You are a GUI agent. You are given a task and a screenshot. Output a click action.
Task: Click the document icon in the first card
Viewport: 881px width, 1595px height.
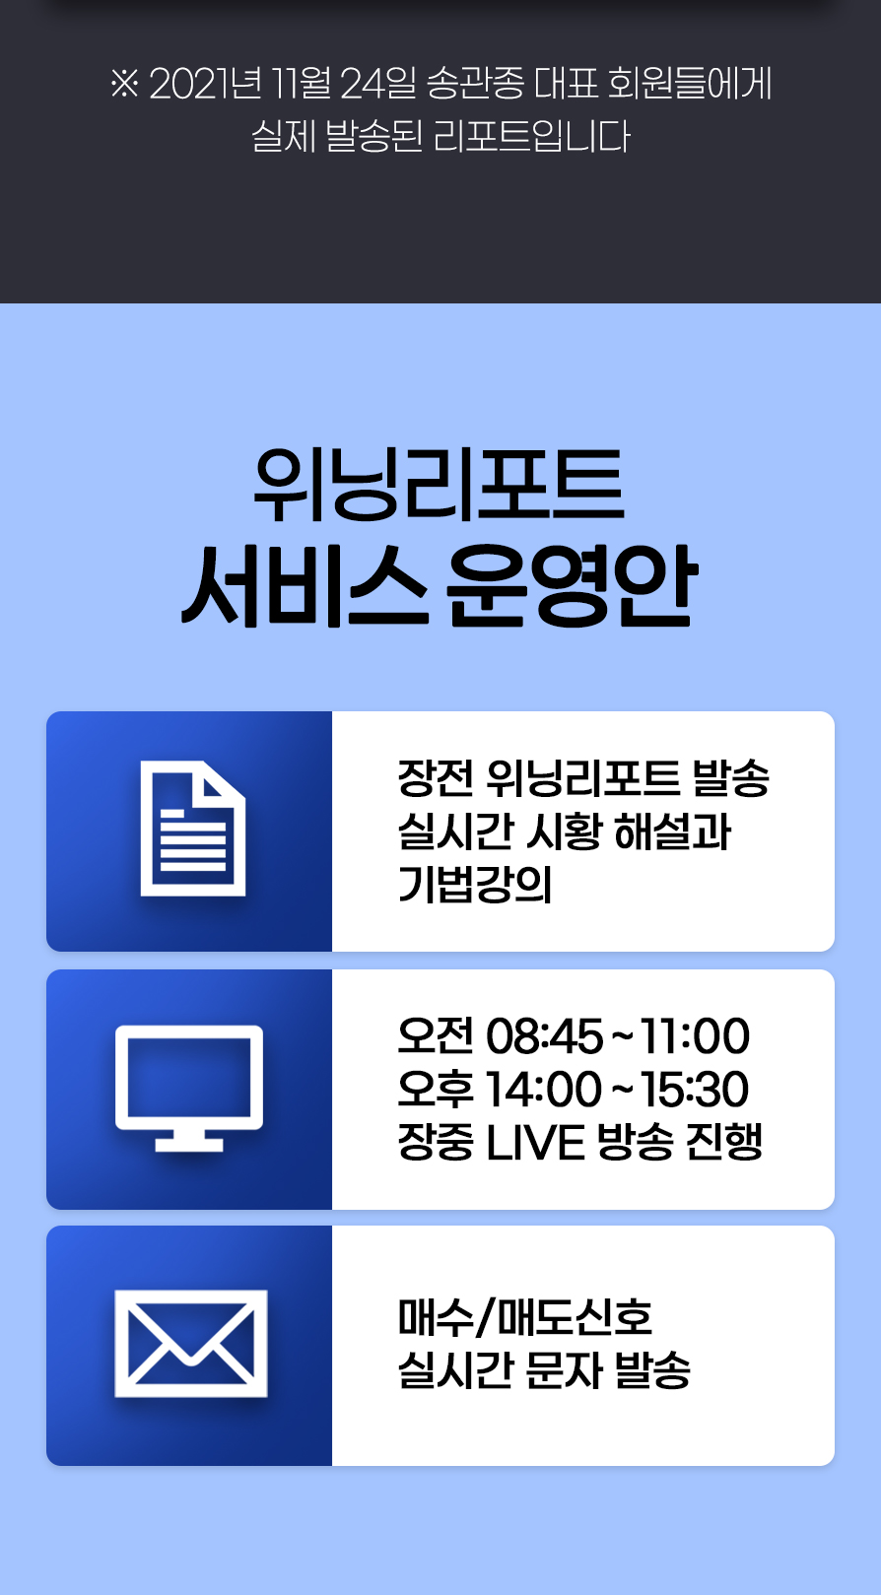click(x=193, y=829)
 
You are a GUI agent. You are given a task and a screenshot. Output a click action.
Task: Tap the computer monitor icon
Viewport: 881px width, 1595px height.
click(x=189, y=1088)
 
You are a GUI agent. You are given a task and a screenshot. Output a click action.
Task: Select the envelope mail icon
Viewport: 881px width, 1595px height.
click(x=191, y=1344)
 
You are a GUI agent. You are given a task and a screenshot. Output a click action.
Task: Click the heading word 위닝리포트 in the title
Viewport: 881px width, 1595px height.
click(x=440, y=484)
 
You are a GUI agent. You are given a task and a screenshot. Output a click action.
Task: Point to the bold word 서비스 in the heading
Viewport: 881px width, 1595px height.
click(x=305, y=586)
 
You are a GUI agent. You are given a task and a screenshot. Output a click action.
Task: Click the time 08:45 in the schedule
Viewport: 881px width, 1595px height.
click(x=545, y=1036)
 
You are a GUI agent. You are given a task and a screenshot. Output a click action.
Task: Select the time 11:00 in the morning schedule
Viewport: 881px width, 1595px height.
click(x=695, y=1036)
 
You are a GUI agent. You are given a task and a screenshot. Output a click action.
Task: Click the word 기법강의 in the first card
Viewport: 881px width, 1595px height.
click(x=475, y=885)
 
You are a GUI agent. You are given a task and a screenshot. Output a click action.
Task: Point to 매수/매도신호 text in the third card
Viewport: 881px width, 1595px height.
click(x=525, y=1317)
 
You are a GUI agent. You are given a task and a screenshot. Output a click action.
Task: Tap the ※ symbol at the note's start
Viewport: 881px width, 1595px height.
click(x=124, y=84)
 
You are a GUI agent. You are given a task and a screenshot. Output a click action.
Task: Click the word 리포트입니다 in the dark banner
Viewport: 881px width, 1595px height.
click(x=532, y=136)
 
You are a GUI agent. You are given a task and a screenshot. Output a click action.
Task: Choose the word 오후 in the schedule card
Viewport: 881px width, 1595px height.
click(x=436, y=1090)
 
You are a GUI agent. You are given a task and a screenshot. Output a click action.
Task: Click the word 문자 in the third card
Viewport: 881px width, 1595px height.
click(x=563, y=1370)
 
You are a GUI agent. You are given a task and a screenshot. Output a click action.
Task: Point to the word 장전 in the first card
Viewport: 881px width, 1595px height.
click(x=436, y=777)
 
